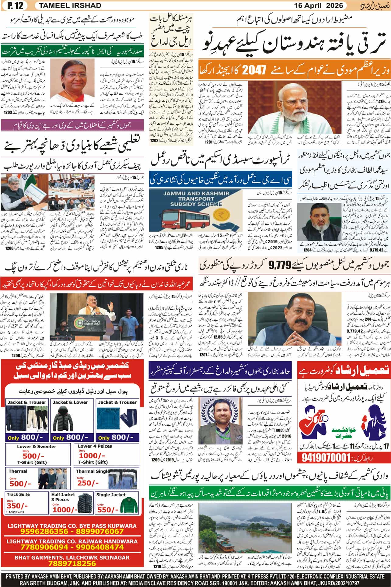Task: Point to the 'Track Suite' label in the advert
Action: click(18, 494)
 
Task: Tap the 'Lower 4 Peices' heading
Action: click(95, 446)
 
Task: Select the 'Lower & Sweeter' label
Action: click(37, 446)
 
